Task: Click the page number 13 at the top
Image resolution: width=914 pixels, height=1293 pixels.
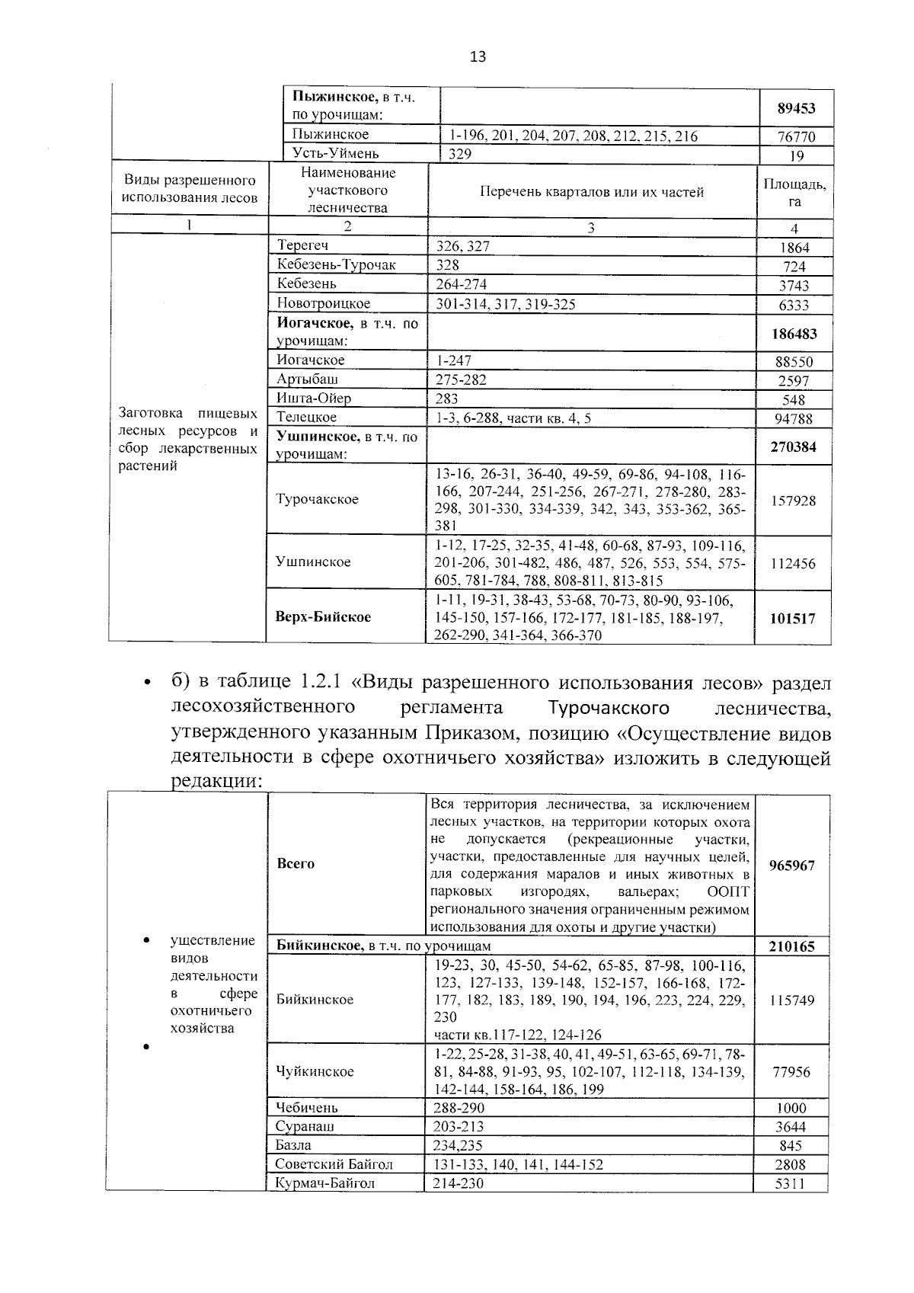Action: pyautogui.click(x=478, y=56)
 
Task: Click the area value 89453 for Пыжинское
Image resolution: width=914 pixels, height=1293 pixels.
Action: pyautogui.click(x=796, y=108)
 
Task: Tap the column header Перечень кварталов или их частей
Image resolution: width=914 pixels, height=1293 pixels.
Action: pyautogui.click(x=592, y=192)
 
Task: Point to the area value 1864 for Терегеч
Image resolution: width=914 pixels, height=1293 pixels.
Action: pyautogui.click(x=794, y=248)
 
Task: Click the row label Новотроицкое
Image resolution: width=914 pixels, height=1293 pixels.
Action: pyautogui.click(x=324, y=303)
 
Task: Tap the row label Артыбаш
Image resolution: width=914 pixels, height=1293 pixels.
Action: pyautogui.click(x=308, y=379)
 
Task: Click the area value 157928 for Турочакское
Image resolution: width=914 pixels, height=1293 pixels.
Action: pyautogui.click(x=793, y=501)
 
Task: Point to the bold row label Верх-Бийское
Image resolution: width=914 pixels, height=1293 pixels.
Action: pyautogui.click(x=323, y=616)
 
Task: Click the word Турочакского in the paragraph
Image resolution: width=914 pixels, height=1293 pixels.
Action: pyautogui.click(x=609, y=708)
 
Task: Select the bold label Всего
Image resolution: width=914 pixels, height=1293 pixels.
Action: pyautogui.click(x=296, y=863)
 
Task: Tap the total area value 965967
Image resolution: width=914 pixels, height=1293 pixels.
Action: pyautogui.click(x=792, y=866)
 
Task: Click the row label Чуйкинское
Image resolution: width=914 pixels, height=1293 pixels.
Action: pyautogui.click(x=315, y=1071)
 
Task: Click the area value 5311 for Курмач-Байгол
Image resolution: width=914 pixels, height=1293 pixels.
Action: pyautogui.click(x=790, y=1183)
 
